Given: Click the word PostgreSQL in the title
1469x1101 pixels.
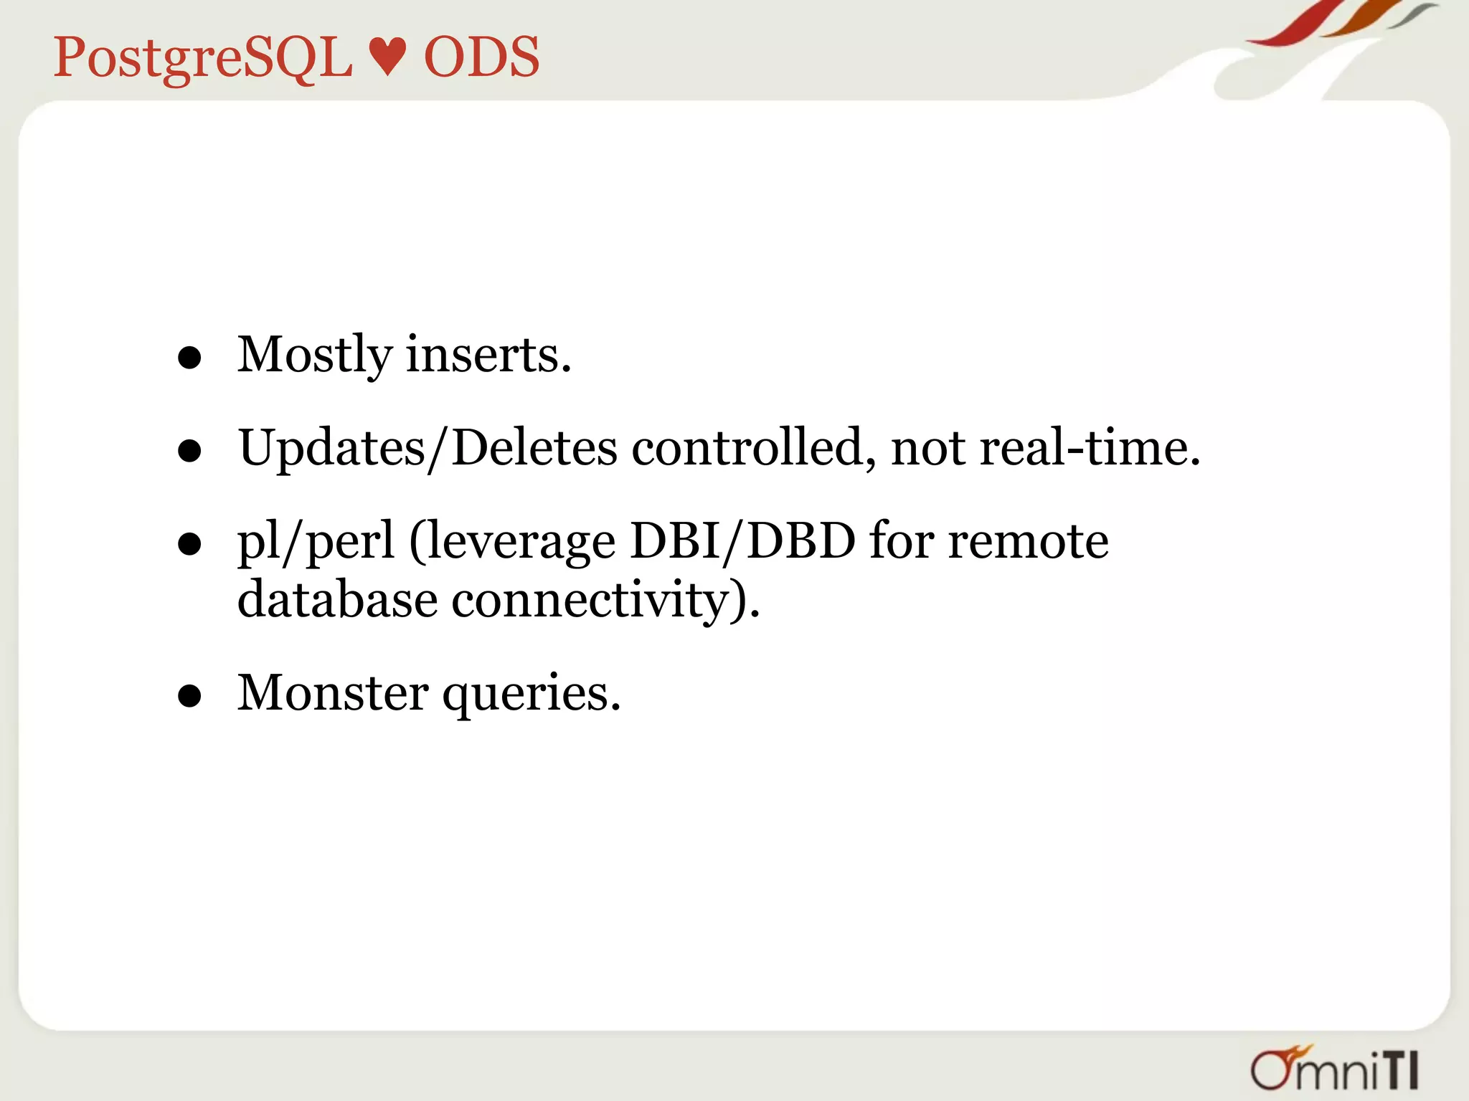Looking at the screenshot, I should tap(203, 57).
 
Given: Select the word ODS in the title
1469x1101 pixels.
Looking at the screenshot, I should tap(481, 57).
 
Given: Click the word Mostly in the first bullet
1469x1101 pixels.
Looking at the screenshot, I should tap(315, 355).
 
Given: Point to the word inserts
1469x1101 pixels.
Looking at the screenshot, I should tap(488, 355).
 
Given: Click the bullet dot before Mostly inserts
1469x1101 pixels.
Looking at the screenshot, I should tap(189, 358).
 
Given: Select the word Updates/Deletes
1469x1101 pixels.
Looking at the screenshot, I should tap(428, 448).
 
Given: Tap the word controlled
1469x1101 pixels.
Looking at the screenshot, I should tap(753, 448).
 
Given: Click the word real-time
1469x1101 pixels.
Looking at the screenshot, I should tap(1089, 448).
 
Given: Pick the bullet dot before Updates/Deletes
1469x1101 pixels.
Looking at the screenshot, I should tap(189, 452).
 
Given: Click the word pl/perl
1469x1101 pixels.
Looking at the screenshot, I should tap(316, 541).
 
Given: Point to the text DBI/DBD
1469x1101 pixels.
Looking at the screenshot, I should tap(743, 541).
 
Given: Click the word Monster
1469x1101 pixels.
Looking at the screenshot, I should tap(333, 693).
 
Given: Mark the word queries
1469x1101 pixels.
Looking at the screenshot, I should tap(531, 695).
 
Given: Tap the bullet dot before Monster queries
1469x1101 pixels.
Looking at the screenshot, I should tap(189, 696).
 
